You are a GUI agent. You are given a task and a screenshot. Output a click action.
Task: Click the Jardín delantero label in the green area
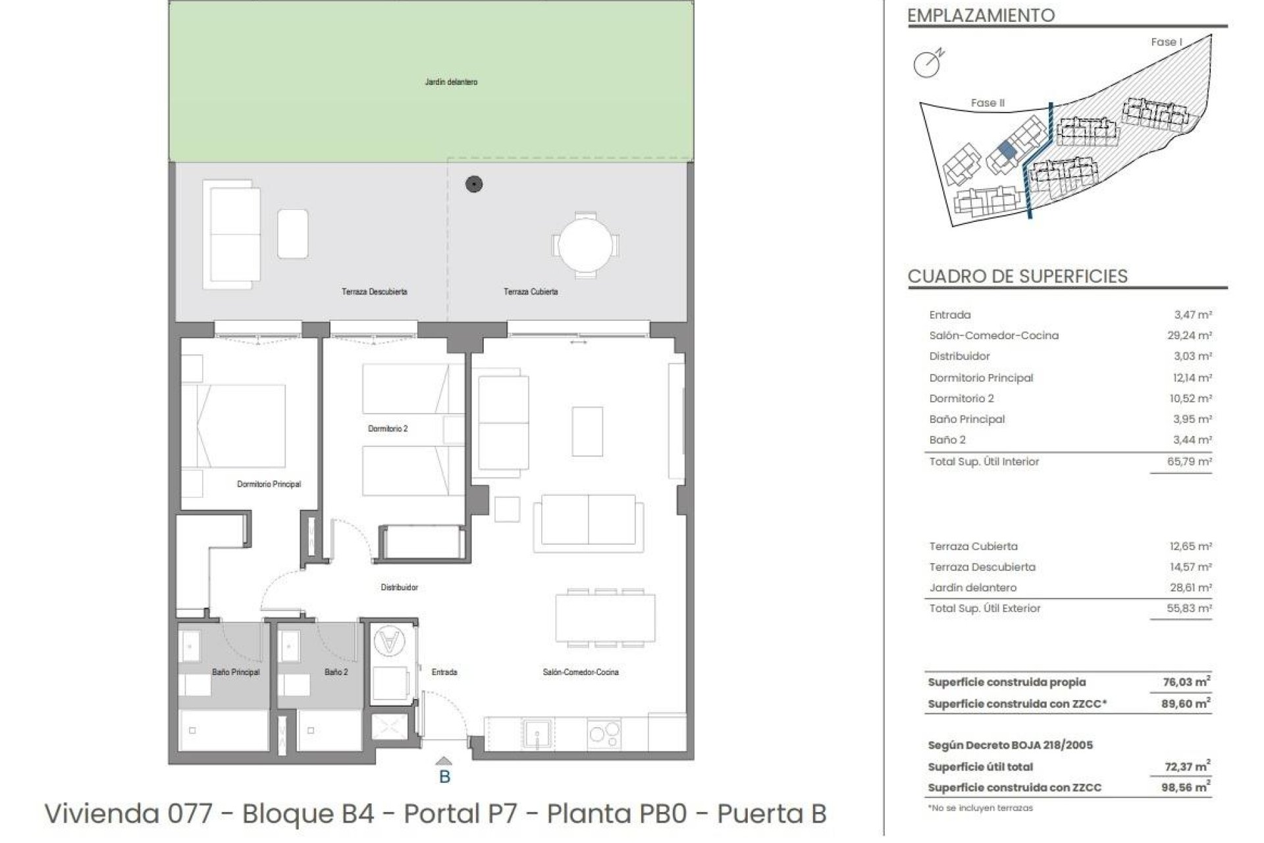coord(451,82)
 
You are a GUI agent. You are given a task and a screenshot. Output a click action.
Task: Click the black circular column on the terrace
coord(474,184)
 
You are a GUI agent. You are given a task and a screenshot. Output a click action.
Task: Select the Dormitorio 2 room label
coord(388,429)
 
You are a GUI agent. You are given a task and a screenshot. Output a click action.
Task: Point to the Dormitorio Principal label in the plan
coord(269,484)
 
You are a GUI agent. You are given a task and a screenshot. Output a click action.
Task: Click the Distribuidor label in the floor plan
coord(399,587)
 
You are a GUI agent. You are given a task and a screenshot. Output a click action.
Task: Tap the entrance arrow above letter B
coord(444,761)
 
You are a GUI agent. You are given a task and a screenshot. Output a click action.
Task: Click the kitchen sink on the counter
coord(538,733)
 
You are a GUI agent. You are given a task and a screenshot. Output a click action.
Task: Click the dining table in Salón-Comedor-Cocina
coord(605,618)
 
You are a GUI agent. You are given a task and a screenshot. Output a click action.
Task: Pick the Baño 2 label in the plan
coord(336,672)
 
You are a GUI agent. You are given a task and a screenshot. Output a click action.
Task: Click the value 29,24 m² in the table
coord(1189,335)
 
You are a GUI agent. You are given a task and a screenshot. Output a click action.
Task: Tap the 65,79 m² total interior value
coord(1189,462)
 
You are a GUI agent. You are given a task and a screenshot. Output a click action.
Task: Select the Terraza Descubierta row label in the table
coord(982,567)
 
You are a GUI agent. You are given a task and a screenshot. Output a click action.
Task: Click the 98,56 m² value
coord(1185,787)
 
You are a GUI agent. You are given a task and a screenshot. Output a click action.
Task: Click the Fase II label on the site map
coord(987,103)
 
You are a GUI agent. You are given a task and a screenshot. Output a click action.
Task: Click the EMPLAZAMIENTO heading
coord(981,15)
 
